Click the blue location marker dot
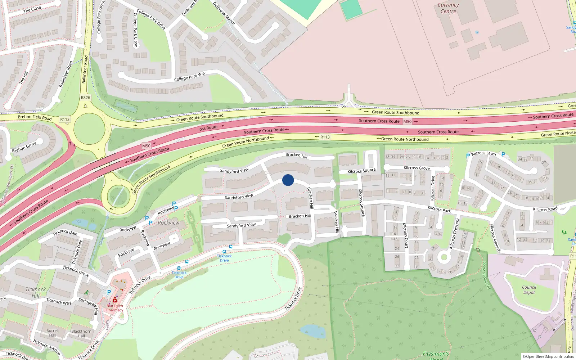[x=288, y=180]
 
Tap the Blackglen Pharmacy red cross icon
[x=115, y=300]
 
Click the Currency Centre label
[x=448, y=8]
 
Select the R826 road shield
[x=86, y=98]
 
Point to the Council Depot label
[x=529, y=290]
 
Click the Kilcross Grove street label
[x=417, y=168]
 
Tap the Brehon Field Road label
[x=35, y=117]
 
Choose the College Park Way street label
[x=190, y=77]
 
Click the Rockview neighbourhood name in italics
[x=168, y=223]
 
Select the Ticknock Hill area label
[x=36, y=292]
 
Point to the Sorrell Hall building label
[x=53, y=333]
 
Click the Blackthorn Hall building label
[x=81, y=334]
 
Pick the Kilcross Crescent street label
[x=455, y=233]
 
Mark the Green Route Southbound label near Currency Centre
[x=395, y=113]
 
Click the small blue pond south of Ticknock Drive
[x=313, y=331]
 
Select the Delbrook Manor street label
[x=224, y=13]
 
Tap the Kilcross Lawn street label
[x=483, y=153]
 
